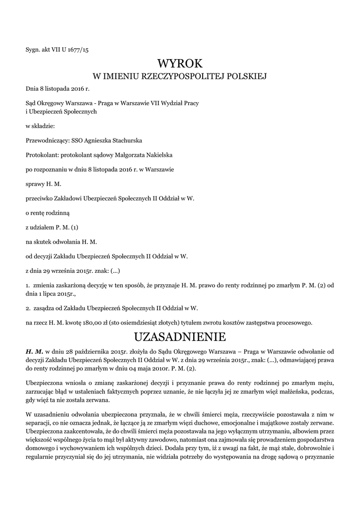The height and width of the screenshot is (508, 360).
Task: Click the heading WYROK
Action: point(180,63)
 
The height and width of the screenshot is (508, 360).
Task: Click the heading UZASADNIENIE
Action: point(180,337)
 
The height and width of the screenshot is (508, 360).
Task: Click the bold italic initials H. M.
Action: point(35,351)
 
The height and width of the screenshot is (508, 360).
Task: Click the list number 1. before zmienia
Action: point(28,286)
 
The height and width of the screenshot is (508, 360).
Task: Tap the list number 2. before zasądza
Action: point(28,308)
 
